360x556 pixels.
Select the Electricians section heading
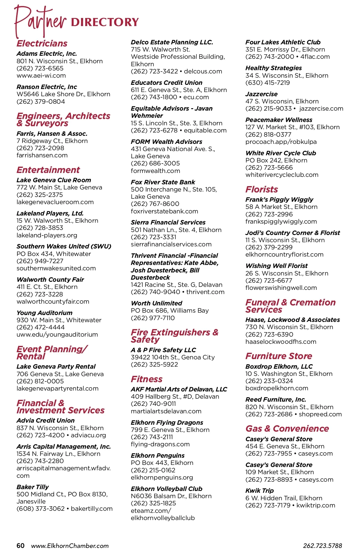point(42,43)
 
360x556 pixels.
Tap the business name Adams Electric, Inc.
point(47,54)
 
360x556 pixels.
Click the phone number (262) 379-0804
point(41,102)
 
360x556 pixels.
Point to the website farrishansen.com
point(42,155)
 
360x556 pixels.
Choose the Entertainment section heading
point(48,170)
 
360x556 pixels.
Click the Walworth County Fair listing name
point(50,280)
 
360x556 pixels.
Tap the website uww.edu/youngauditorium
point(57,334)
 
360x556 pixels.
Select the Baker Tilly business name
point(33,487)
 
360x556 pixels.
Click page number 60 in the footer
point(20,546)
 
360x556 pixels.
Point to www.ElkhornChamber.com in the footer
point(70,546)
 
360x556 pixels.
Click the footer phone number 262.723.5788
point(322,546)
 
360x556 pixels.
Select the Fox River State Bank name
point(163,182)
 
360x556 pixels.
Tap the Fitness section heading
point(147,379)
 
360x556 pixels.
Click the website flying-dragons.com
point(160,444)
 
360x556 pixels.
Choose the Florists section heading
point(262,189)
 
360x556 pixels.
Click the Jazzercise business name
point(262,94)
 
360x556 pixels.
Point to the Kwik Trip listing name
point(259,491)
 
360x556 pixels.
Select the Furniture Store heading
point(279,356)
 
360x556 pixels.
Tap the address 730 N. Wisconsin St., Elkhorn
point(289,327)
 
